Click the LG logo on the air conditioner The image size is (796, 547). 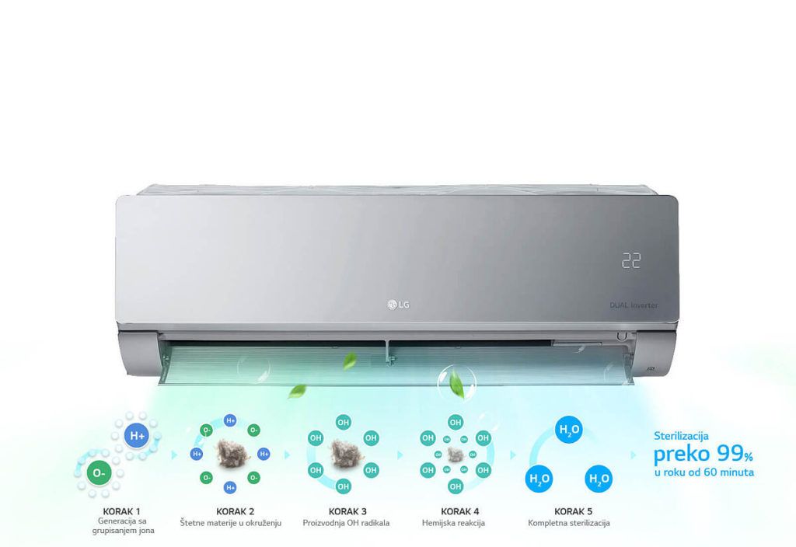399,305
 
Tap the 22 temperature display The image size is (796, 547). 631,260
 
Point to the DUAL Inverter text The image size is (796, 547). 634,305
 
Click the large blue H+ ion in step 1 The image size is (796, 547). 137,436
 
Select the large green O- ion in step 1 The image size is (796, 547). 99,473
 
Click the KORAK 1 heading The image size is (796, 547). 121,511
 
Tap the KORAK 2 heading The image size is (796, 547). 235,511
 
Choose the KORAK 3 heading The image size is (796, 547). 347,511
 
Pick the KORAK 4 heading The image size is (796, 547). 460,511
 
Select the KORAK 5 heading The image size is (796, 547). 573,511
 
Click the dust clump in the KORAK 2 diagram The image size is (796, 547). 232,453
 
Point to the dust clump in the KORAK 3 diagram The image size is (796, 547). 344,453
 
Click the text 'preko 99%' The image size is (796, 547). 703,454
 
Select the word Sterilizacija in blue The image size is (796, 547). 681,436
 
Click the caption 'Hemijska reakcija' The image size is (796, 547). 453,523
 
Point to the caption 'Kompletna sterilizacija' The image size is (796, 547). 568,523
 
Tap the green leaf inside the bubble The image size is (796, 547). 457,383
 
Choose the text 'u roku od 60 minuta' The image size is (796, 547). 704,472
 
